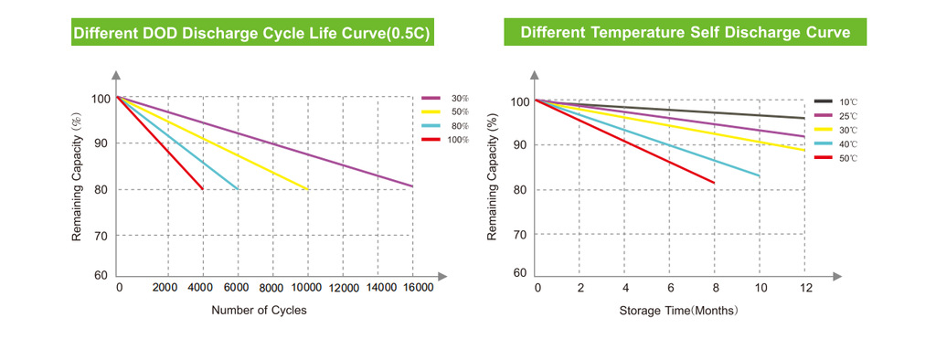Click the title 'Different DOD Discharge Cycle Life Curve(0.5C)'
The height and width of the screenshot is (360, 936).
pos(250,33)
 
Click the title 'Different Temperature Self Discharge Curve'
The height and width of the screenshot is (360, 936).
pos(686,32)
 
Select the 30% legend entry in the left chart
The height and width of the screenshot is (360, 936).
pos(445,98)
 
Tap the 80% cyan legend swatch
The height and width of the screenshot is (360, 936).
pos(431,125)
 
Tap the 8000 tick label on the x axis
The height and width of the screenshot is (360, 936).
pos(272,289)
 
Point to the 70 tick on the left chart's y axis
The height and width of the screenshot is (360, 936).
pos(101,235)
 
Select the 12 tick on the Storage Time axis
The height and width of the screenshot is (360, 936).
pos(806,288)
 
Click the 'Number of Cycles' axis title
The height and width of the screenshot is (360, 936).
pos(259,311)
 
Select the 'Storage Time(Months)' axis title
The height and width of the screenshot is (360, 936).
pos(679,311)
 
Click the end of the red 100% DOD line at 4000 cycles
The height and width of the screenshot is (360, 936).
pos(202,189)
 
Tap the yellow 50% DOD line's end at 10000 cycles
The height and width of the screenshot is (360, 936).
pos(307,189)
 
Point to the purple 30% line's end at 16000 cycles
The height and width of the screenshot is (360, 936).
pos(412,186)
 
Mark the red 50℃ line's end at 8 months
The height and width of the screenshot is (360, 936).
pos(714,183)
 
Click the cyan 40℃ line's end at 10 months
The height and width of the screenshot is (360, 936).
pos(760,176)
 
